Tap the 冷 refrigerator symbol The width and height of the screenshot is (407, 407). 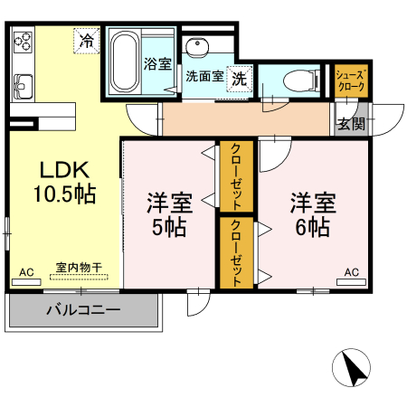tap(87, 41)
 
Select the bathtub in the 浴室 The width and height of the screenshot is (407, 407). tap(125, 62)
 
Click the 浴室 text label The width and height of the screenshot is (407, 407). tap(157, 64)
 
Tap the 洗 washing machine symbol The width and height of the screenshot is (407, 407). tap(239, 79)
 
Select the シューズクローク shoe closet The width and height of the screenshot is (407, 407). tap(349, 81)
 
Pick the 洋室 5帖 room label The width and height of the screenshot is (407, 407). tap(168, 214)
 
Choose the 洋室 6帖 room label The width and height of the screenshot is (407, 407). tap(310, 214)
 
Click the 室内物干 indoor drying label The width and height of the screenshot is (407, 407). tap(79, 268)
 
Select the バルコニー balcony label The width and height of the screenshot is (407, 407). tap(83, 310)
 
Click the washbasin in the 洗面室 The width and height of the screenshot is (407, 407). tap(194, 48)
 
